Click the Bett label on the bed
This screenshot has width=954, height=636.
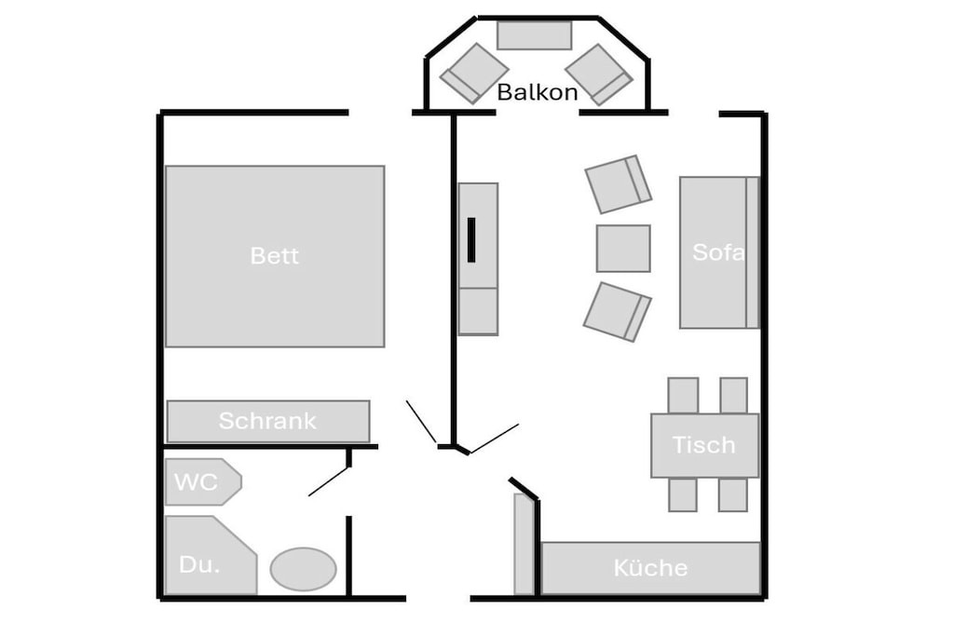coord(275,255)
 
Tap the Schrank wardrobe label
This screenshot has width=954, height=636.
coord(267,421)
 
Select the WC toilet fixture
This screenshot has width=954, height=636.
coord(203,481)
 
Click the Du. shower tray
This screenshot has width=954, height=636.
coord(211,555)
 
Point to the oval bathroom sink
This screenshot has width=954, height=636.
coord(303,569)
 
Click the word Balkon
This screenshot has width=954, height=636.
coord(538,92)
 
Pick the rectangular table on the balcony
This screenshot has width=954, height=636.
coord(534,35)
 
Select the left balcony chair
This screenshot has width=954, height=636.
coord(474,74)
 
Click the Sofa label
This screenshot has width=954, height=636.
coord(718,252)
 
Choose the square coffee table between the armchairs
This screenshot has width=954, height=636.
coord(623,249)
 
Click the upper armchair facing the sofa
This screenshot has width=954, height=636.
coord(619,184)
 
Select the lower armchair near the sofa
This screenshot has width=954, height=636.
coord(618,312)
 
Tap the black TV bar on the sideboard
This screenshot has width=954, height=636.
coord(471,240)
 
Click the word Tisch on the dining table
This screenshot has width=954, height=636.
coord(704,445)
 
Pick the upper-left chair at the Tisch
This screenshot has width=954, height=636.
coord(683,396)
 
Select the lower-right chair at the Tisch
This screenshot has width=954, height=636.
coord(732,495)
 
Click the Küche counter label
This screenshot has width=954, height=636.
coord(650,568)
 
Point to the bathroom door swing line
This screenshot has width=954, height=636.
coord(329,480)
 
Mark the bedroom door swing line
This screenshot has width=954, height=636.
coord(421,422)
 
